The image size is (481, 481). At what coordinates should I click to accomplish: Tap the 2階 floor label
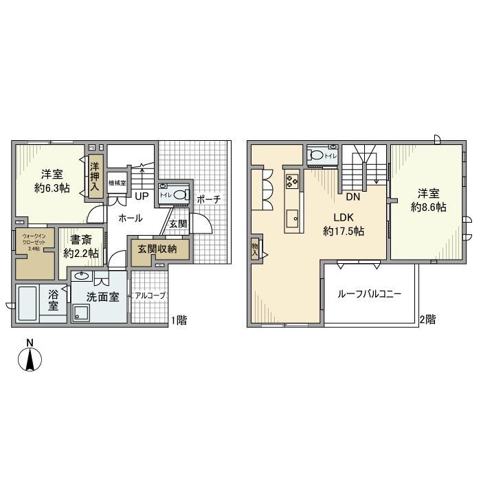pyautogui.click(x=427, y=319)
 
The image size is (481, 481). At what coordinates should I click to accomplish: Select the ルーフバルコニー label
pyautogui.click(x=369, y=293)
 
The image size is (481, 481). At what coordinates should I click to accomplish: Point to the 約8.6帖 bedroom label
pyautogui.click(x=428, y=199)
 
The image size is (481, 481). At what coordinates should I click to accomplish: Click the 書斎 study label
pyautogui.click(x=81, y=247)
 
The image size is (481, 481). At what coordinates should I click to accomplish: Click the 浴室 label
pyautogui.click(x=54, y=299)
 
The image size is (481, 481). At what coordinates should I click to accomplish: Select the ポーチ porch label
pyautogui.click(x=209, y=199)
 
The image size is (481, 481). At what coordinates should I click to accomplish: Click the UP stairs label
pyautogui.click(x=142, y=197)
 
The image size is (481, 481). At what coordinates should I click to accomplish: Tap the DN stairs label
pyautogui.click(x=353, y=197)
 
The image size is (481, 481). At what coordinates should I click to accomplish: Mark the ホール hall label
pyautogui.click(x=131, y=219)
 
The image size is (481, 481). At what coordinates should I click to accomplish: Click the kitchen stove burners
pyautogui.click(x=291, y=181)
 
